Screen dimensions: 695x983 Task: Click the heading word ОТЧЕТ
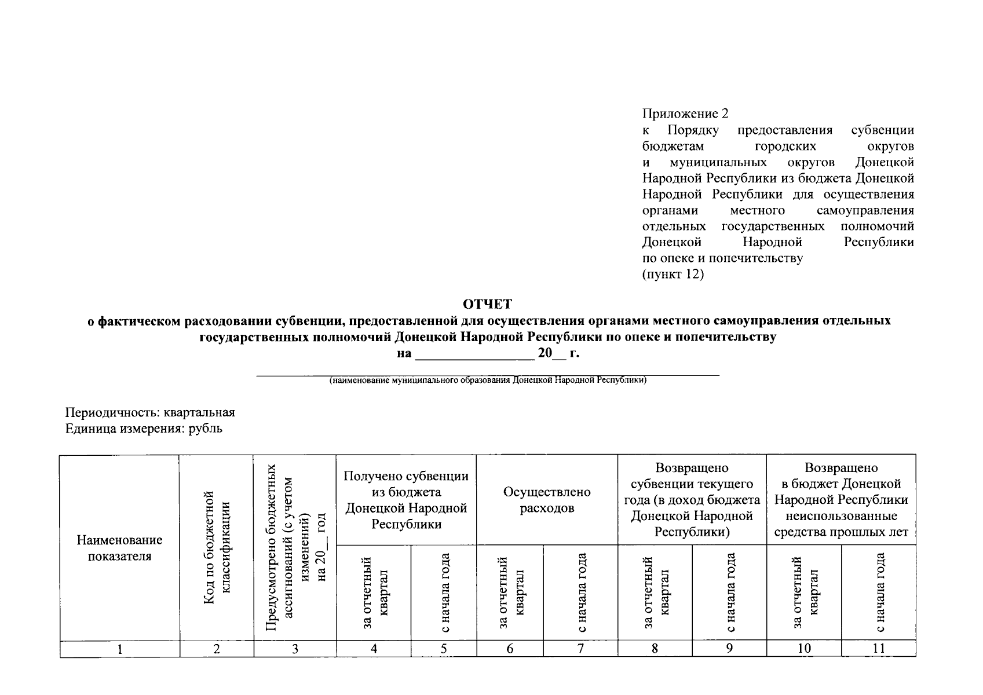coord(488,303)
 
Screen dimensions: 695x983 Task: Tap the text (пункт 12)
coord(673,274)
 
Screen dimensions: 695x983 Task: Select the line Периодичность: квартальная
coord(150,412)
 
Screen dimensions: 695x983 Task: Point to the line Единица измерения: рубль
coord(144,429)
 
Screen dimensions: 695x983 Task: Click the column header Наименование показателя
coord(119,548)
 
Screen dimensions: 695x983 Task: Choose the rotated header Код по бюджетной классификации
coord(217,547)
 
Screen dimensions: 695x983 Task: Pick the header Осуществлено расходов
coord(547,500)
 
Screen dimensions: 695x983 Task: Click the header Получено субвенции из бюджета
coord(406,500)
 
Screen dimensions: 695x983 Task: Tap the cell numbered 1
coord(119,649)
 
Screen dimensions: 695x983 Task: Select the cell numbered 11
coord(878,649)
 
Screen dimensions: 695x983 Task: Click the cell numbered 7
coord(580,649)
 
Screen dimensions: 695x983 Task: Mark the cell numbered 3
coord(295,649)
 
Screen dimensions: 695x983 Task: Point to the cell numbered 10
coord(803,649)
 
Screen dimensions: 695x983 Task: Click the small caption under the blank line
coord(488,381)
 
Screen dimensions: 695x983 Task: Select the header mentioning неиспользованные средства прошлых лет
coord(841,500)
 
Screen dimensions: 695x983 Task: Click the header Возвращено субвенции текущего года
coord(692,500)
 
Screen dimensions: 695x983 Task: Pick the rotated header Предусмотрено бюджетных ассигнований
coord(295,547)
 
